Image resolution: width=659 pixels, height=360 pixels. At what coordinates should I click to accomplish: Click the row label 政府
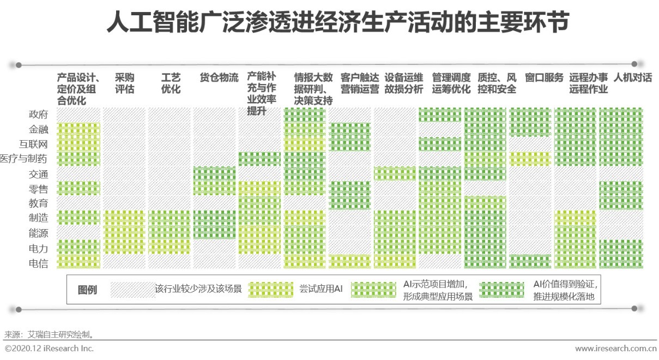click(x=38, y=115)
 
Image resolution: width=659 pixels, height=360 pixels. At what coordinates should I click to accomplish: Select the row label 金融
click(x=38, y=129)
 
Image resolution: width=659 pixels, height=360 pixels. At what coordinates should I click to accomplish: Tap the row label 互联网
click(x=34, y=144)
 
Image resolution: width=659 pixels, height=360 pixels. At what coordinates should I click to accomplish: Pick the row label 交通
click(x=38, y=174)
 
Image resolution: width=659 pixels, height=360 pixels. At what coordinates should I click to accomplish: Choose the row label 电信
click(x=38, y=263)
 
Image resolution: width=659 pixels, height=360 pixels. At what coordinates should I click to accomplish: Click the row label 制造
click(x=38, y=218)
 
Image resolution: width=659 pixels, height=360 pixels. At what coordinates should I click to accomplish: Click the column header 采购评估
click(x=124, y=83)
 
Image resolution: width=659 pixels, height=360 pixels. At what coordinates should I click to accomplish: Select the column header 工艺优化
click(x=171, y=83)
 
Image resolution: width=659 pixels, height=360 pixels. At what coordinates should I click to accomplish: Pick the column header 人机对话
click(x=632, y=77)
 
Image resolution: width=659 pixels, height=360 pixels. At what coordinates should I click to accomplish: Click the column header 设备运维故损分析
click(x=403, y=83)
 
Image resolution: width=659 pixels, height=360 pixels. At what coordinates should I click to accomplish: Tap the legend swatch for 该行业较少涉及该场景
click(x=132, y=289)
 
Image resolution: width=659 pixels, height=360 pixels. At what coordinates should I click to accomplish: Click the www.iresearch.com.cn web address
click(x=615, y=348)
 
